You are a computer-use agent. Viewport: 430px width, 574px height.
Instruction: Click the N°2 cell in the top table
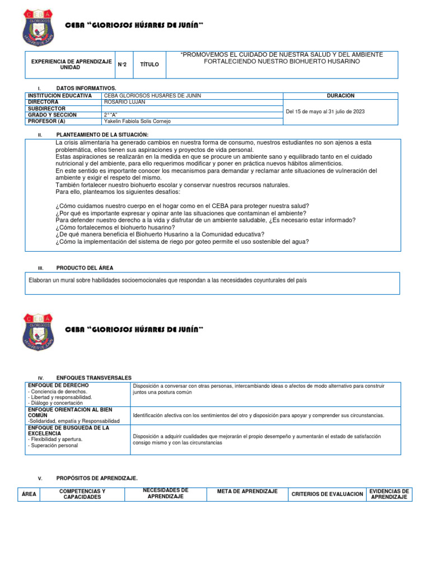coord(122,64)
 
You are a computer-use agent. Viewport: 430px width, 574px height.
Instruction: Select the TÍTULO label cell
coord(149,64)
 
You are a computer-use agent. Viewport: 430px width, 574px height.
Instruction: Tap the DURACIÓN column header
coord(340,96)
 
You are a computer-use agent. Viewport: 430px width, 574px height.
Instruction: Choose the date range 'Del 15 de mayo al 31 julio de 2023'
coord(325,112)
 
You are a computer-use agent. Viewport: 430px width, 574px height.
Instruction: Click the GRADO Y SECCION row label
coord(52,115)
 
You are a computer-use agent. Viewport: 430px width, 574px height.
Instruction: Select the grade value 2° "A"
coord(111,115)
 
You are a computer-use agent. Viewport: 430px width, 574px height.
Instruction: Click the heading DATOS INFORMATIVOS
coord(86,89)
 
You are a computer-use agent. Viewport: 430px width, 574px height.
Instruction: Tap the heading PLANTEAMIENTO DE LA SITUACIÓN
coord(102,135)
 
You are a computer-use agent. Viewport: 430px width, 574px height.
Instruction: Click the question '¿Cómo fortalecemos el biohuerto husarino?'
coord(115,228)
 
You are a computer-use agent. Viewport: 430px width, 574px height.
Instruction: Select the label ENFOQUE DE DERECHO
coord(58,386)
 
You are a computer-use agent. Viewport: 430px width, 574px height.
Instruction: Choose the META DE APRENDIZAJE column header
coord(247,492)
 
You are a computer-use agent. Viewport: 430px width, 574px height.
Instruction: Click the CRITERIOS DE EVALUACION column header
coord(327,494)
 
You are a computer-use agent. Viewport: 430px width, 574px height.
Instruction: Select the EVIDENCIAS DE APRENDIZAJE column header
coord(389,494)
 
